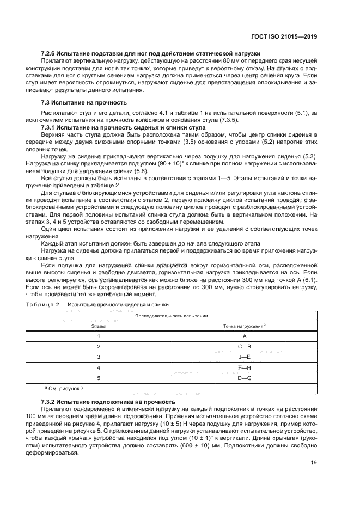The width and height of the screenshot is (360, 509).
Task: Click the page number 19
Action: [x=314, y=463]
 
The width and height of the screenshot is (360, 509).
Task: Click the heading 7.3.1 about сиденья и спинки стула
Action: [x=124, y=127]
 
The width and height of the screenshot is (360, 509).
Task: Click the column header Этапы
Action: [x=98, y=326]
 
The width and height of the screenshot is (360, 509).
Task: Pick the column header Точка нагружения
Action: [x=243, y=326]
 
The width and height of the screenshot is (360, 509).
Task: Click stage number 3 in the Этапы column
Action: [x=99, y=357]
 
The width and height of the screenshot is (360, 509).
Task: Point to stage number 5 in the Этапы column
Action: [x=99, y=377]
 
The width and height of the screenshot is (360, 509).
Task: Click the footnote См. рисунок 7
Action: [x=67, y=388]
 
